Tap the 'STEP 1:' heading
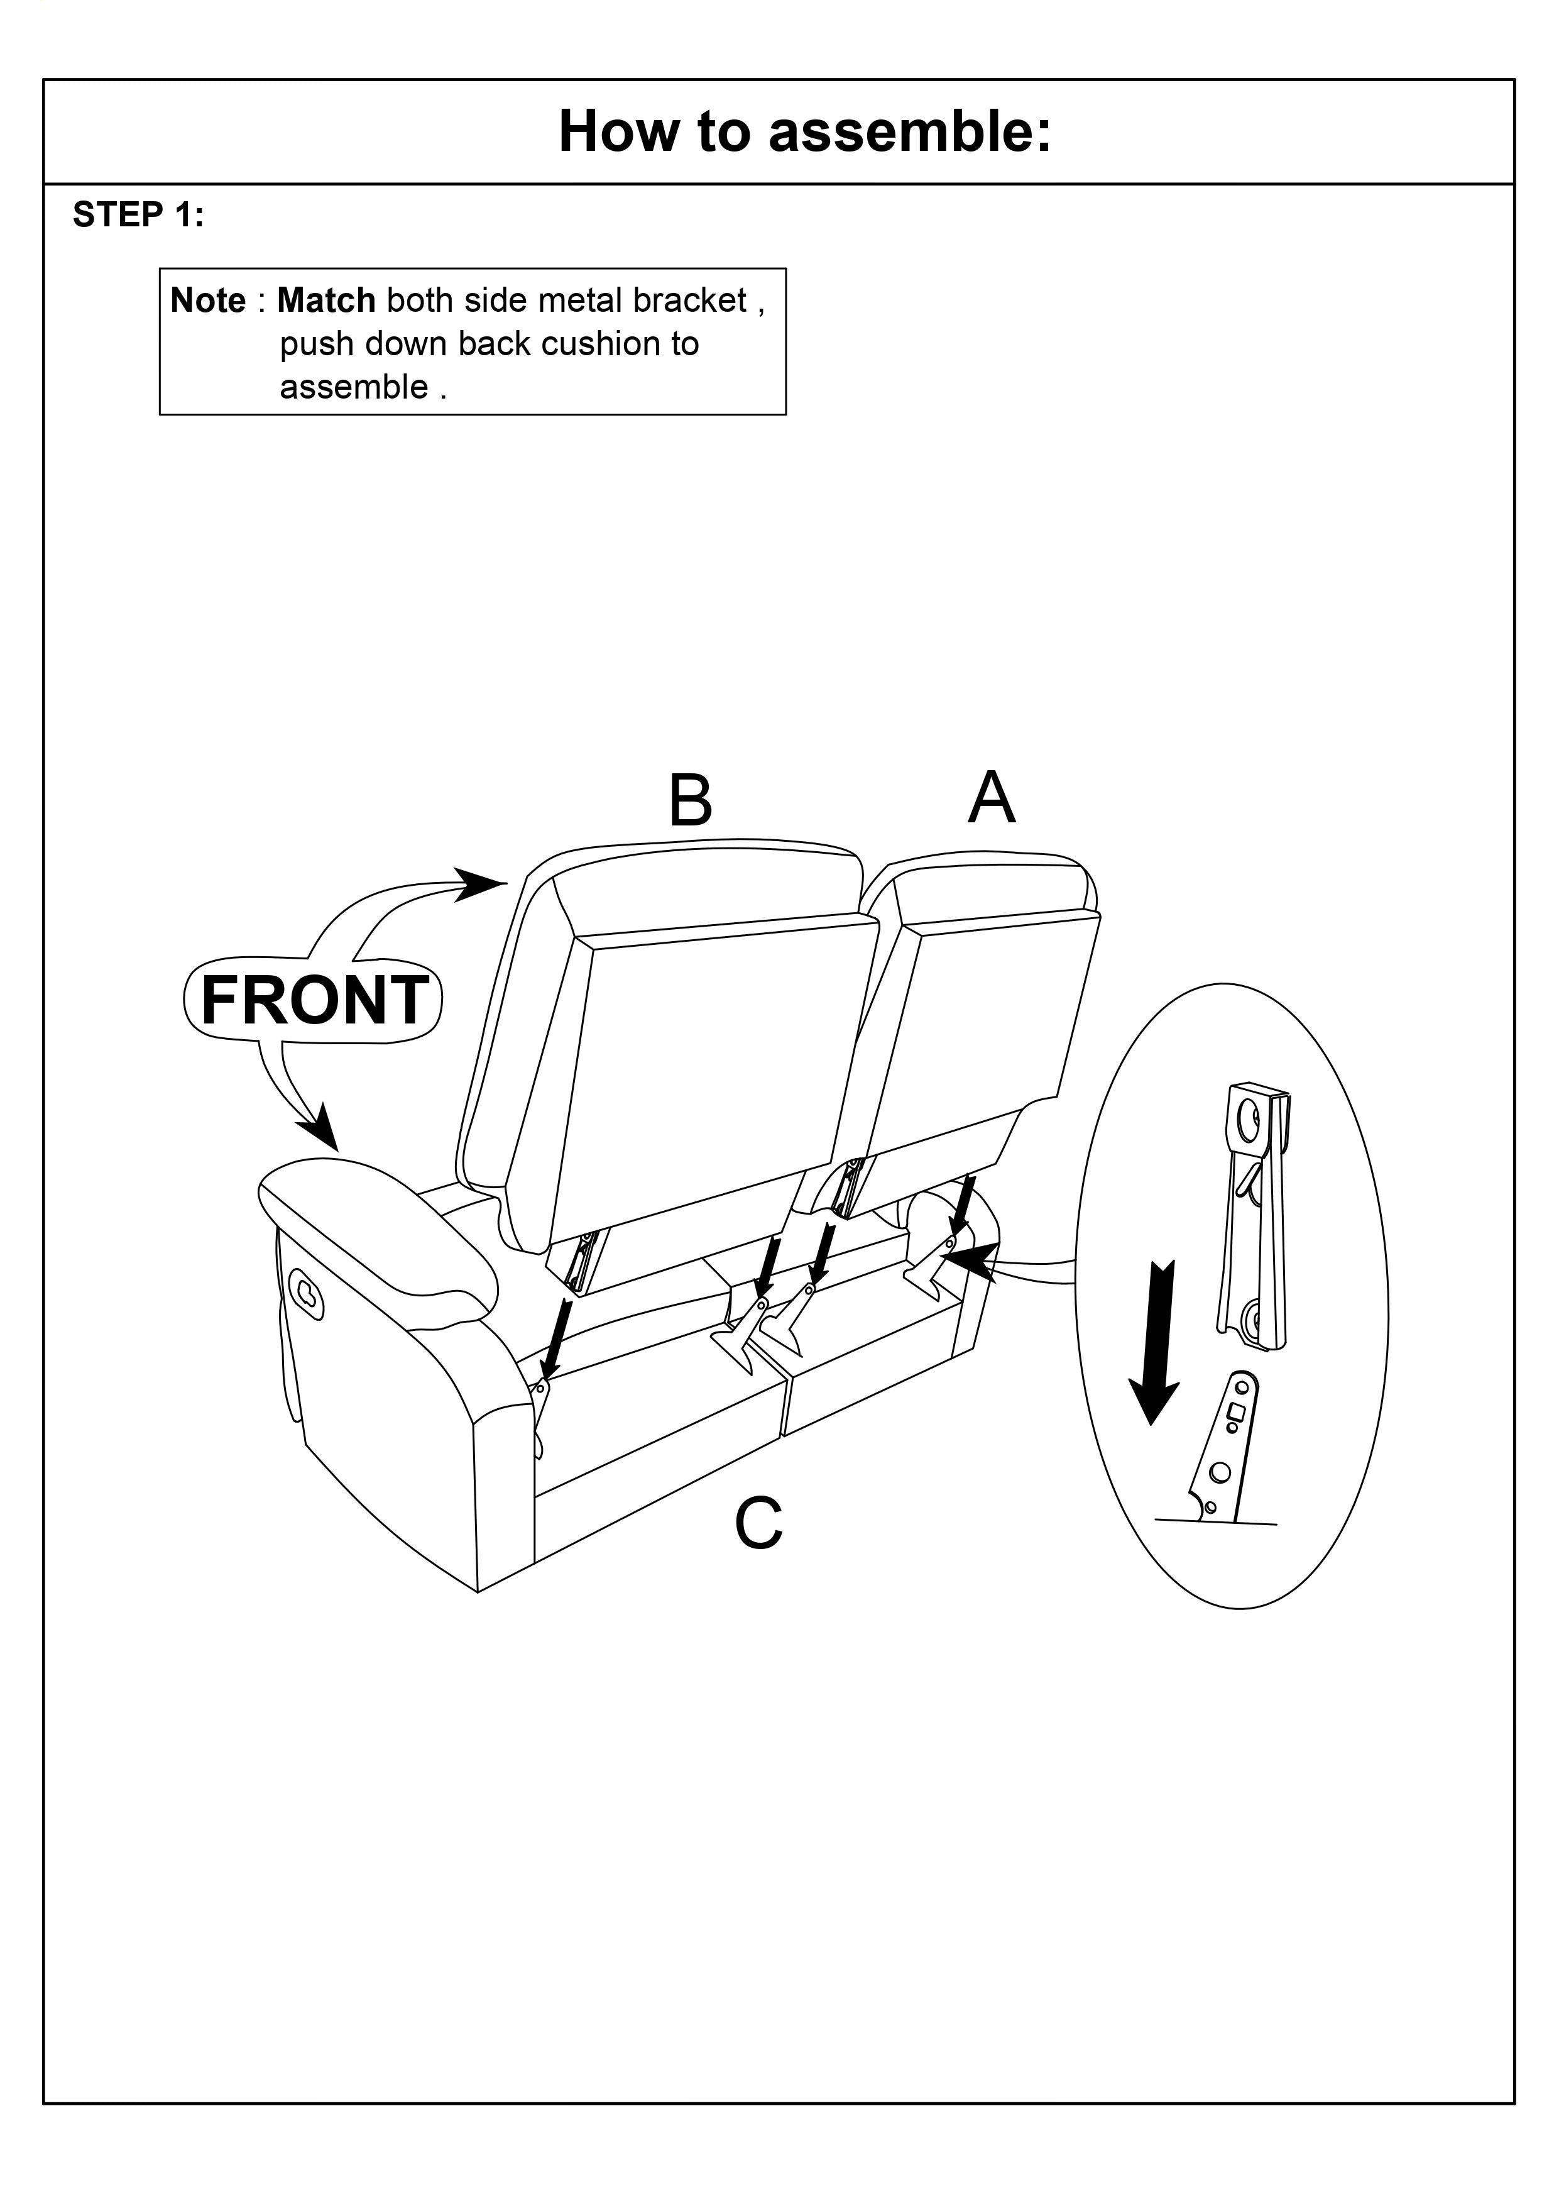point(138,215)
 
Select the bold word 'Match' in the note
point(325,301)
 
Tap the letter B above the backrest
point(690,800)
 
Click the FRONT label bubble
point(313,1000)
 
